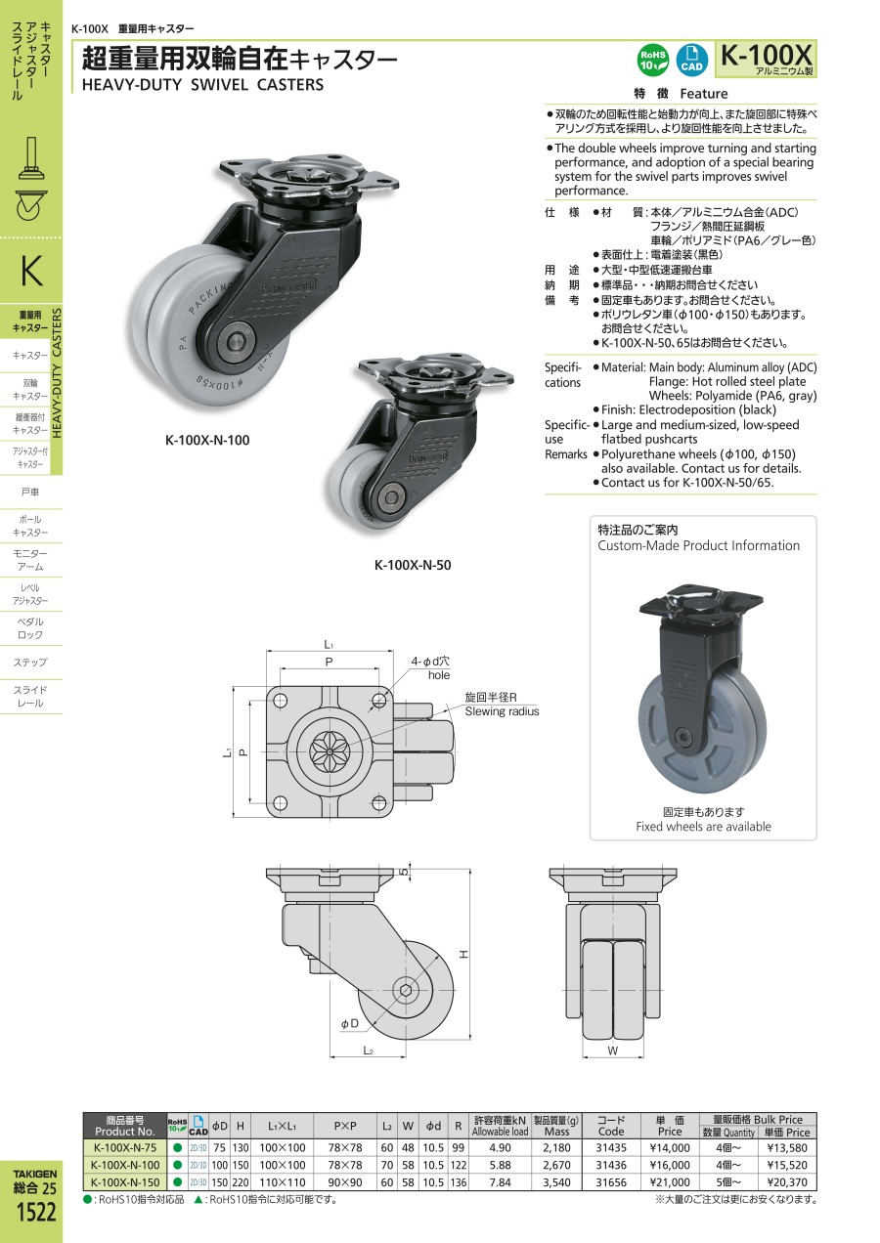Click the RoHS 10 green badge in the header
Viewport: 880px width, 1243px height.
[653, 60]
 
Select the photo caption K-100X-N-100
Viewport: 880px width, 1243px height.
[207, 441]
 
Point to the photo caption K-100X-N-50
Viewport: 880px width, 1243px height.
[413, 565]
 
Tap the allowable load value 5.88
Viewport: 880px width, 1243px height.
[500, 1164]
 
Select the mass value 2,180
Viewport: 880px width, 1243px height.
[556, 1148]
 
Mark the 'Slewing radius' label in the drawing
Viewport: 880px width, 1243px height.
[502, 711]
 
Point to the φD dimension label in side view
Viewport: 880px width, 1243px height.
[349, 1023]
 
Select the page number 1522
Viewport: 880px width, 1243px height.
[36, 1213]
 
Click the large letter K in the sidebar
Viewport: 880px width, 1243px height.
[30, 270]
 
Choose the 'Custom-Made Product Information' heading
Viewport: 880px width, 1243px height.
[698, 545]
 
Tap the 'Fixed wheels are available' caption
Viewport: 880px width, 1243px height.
[703, 827]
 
